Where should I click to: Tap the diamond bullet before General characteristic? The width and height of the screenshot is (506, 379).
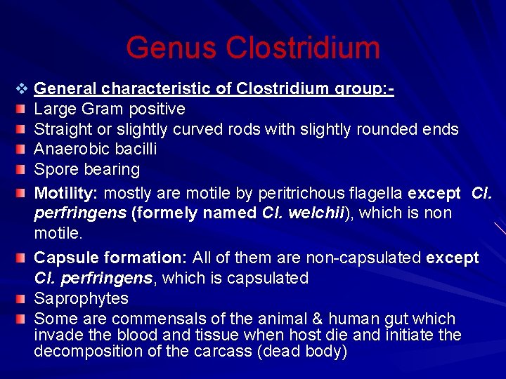pos(21,89)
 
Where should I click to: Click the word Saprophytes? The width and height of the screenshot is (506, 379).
pos(81,298)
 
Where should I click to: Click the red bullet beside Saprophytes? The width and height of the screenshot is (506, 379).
pos(22,298)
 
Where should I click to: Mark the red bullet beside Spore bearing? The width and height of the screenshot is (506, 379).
pos(22,170)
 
